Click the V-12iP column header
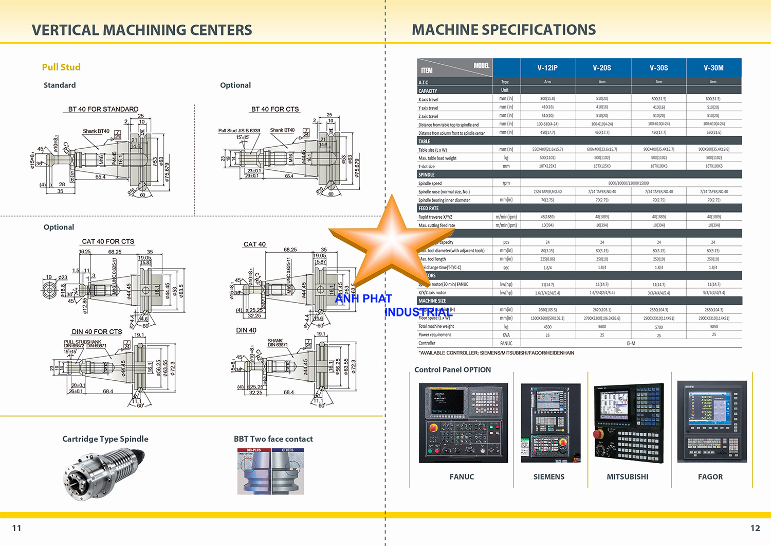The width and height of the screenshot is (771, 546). click(x=547, y=67)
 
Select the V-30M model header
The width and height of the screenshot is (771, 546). click(x=713, y=67)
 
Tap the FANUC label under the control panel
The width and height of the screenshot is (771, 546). click(x=462, y=477)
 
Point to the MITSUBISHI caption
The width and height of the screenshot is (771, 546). click(x=627, y=477)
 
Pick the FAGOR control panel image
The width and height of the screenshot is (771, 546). click(x=712, y=421)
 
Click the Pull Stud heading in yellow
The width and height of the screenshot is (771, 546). click(x=61, y=67)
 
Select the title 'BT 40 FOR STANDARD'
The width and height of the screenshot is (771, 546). click(x=103, y=109)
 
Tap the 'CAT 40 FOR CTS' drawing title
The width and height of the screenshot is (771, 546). click(x=108, y=241)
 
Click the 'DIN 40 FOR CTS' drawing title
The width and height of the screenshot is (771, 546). click(x=97, y=332)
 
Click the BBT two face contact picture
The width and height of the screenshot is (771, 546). click(x=270, y=471)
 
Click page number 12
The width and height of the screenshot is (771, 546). click(x=755, y=528)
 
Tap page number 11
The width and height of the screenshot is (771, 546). click(x=16, y=528)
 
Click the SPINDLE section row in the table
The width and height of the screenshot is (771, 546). click(x=579, y=174)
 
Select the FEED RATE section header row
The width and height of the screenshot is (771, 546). click(x=579, y=208)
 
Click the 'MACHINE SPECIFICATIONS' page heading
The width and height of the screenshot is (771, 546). click(x=504, y=30)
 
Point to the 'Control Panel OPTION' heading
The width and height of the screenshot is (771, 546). click(x=452, y=369)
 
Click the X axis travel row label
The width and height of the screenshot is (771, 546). click(x=428, y=99)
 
